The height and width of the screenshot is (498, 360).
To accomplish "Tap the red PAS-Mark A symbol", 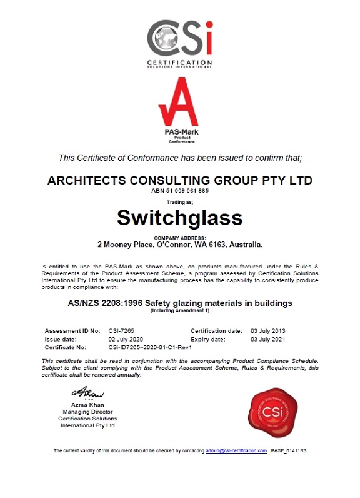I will (x=179, y=103).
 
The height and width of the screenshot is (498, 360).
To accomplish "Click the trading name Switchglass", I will (x=179, y=216).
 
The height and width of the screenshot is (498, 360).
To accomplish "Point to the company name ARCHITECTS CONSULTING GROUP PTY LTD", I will (x=179, y=180).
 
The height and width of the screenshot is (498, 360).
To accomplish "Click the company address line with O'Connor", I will (x=179, y=245).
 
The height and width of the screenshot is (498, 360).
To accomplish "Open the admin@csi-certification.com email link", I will (x=236, y=450).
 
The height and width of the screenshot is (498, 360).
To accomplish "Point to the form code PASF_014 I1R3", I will (x=289, y=450).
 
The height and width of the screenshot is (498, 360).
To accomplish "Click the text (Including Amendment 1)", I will (x=179, y=311).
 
